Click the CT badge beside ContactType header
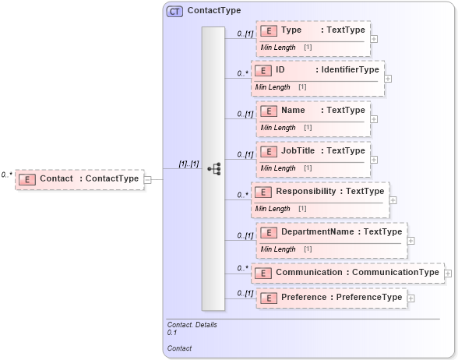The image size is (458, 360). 175,11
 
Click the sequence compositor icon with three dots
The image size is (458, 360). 213,169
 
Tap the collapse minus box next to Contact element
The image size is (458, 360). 148,179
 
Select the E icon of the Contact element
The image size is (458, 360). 26,179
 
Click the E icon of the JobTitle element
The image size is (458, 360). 268,151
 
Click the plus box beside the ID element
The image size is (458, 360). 388,78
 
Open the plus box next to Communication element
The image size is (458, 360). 447,273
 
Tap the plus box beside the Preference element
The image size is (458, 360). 410,298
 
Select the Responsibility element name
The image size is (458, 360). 305,191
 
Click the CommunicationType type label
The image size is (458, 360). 396,272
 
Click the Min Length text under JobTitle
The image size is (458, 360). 278,168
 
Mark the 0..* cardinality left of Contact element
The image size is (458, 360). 7,175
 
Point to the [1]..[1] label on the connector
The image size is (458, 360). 189,164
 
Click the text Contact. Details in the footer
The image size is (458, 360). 192,324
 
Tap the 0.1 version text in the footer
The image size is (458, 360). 172,333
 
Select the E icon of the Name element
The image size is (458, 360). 268,111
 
